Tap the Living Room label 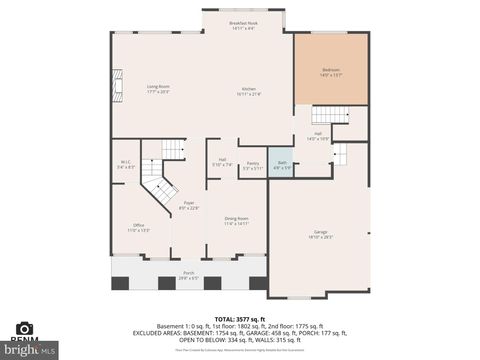tap(158, 88)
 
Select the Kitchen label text tap(249, 92)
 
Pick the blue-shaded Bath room tap(282, 164)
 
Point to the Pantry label tap(253, 165)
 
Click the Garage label tap(320, 234)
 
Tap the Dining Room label tap(236, 220)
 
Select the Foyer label tap(189, 205)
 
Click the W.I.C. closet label tap(126, 164)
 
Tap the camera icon tap(25, 328)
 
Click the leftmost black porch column tap(120, 283)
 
